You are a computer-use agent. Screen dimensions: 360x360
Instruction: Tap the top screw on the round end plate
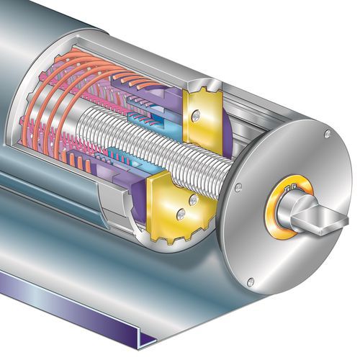click(327, 134)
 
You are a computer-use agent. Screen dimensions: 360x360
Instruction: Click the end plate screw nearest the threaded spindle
click(237, 188)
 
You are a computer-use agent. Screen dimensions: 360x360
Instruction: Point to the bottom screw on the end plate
click(251, 282)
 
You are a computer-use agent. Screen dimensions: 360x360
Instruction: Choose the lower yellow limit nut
click(171, 209)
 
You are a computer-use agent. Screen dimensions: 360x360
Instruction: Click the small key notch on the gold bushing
click(292, 189)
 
